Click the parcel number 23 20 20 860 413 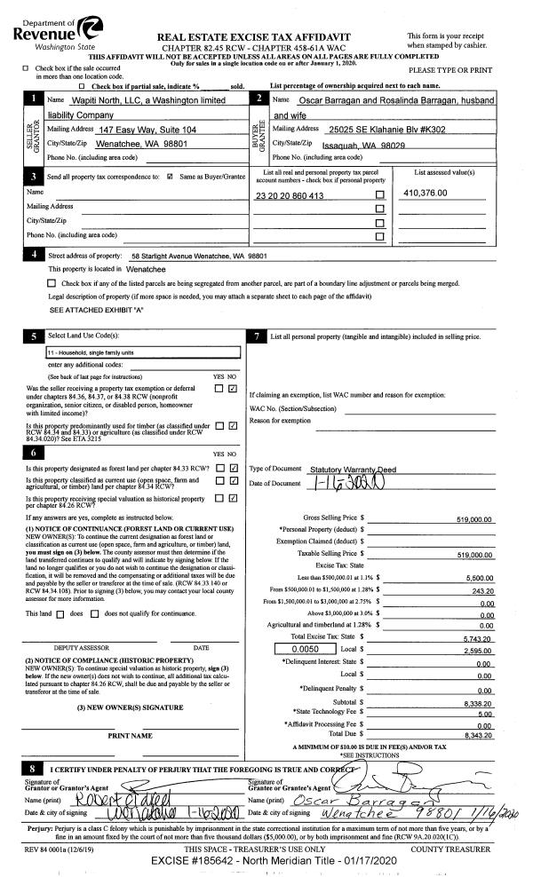[289, 194]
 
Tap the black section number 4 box [34, 256]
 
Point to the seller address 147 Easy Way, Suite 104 [147, 130]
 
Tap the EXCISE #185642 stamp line [266, 860]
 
